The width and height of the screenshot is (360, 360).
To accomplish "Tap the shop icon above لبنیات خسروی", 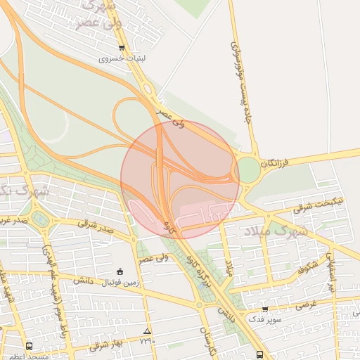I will click(122, 49).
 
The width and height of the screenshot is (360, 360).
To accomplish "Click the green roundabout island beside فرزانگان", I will click(247, 170).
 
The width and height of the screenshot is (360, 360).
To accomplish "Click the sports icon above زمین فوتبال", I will click(120, 272).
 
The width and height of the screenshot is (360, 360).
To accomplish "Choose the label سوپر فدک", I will click(264, 319).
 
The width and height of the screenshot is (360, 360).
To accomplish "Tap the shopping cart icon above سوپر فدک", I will click(264, 309).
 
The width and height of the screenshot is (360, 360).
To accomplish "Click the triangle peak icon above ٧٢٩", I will click(146, 331).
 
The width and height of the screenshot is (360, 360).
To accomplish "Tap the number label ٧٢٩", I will click(146, 341).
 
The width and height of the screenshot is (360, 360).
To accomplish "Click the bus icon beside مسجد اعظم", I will click(29, 346).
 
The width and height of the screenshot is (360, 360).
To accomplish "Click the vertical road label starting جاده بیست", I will click(240, 81).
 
